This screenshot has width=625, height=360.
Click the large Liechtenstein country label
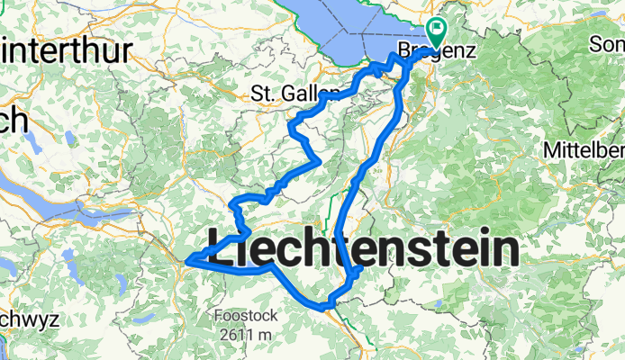(x=364, y=247)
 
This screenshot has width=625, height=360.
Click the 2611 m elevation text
(x=242, y=335)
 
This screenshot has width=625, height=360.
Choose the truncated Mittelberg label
(x=584, y=149)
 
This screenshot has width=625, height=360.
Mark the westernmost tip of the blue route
(x=186, y=262)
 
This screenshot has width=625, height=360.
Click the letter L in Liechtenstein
(x=220, y=247)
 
